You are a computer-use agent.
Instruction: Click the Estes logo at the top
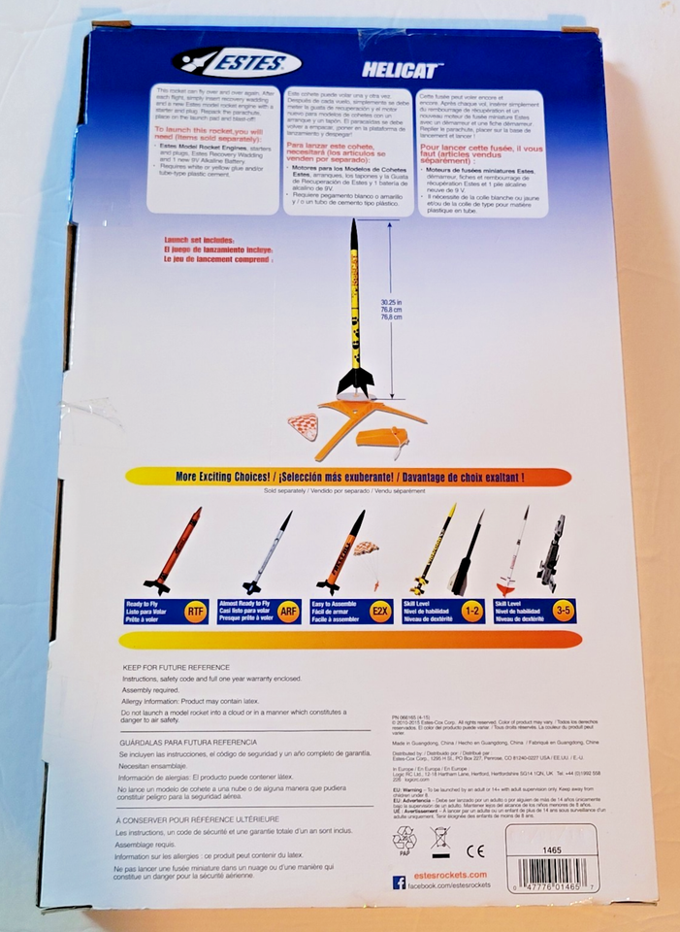click(x=236, y=63)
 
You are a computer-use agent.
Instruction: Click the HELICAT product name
click(x=403, y=70)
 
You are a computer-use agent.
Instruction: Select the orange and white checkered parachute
click(x=304, y=426)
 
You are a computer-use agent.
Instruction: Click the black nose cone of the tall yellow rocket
click(x=354, y=235)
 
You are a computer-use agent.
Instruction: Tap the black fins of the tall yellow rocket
click(x=355, y=380)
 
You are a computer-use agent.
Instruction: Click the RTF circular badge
click(x=195, y=612)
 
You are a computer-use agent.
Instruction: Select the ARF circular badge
click(x=287, y=612)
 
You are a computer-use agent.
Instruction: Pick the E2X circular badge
click(x=379, y=612)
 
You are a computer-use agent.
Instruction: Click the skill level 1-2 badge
click(x=471, y=612)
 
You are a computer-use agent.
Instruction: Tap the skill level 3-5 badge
click(x=563, y=612)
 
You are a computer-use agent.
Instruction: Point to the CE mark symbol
click(x=475, y=851)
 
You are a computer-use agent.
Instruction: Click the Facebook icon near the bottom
click(x=399, y=882)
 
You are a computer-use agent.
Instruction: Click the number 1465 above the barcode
click(x=552, y=849)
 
